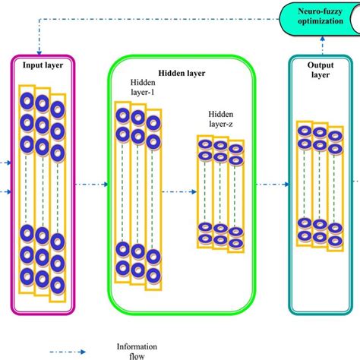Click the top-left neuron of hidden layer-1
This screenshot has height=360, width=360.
coord(123,115)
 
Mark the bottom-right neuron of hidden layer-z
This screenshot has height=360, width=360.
coord(236,240)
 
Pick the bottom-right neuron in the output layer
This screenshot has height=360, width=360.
coord(334,242)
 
